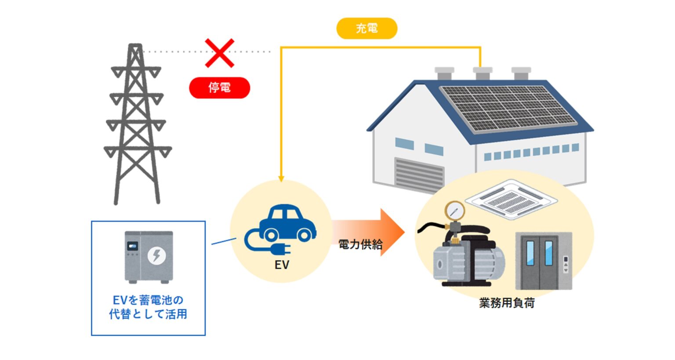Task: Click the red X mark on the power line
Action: pos(219,53)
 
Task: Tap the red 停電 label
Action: pos(219,87)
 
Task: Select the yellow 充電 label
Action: pos(367,29)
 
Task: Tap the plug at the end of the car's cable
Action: pos(281,250)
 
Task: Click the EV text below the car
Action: pos(282,265)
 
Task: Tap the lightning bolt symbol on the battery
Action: pos(156,255)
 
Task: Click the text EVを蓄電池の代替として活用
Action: pos(148,307)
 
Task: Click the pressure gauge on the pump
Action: pos(454,211)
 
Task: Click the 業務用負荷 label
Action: pos(507,303)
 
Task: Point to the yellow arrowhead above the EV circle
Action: pos(281,178)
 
